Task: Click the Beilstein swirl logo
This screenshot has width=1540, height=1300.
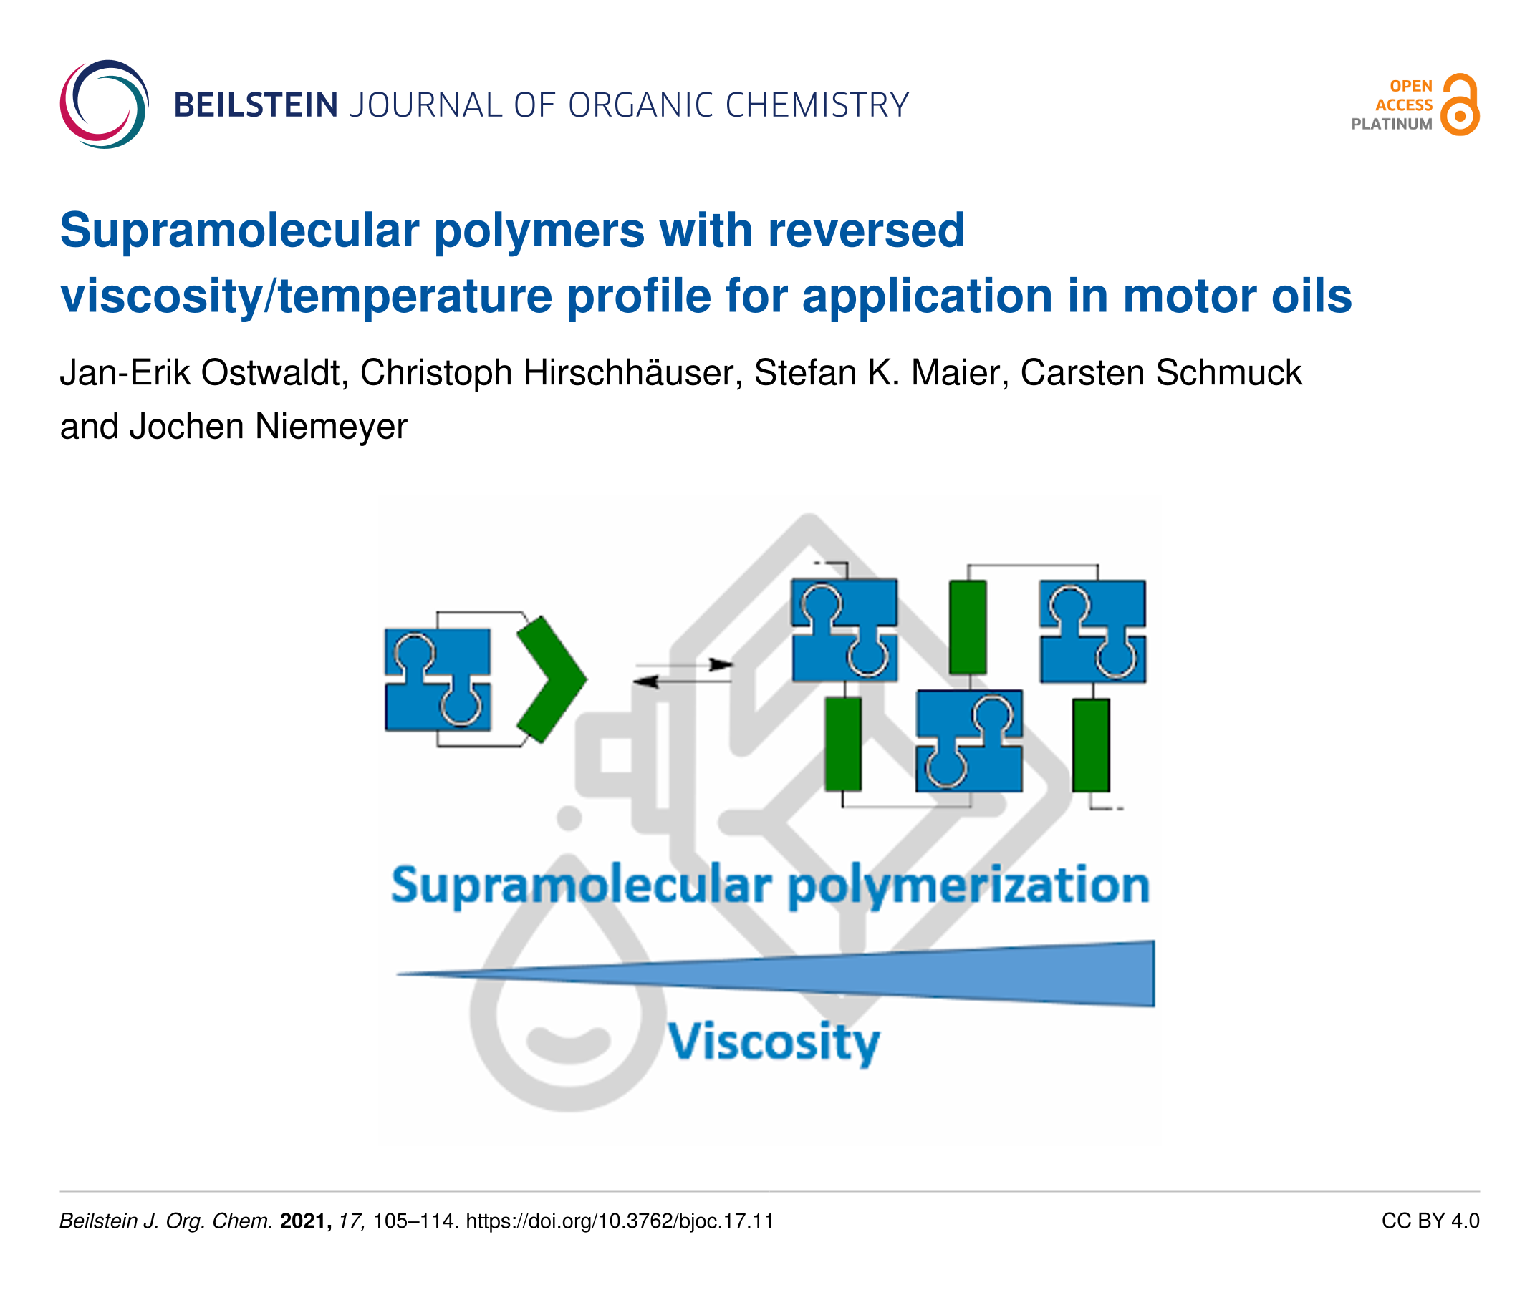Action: click(x=104, y=104)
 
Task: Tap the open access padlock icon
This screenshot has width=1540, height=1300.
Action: click(x=1460, y=104)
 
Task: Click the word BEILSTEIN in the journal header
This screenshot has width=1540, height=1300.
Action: click(x=256, y=105)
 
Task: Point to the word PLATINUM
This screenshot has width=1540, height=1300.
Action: click(x=1391, y=125)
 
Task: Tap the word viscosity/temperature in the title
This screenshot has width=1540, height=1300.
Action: click(x=306, y=296)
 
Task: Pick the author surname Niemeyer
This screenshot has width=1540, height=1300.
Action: click(x=331, y=427)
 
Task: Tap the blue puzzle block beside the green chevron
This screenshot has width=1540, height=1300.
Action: click(x=438, y=679)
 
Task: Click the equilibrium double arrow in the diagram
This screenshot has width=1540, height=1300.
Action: click(x=683, y=673)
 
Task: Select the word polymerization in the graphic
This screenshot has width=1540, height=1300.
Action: click(x=968, y=886)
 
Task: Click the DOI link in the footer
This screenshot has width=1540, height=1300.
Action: click(x=620, y=1221)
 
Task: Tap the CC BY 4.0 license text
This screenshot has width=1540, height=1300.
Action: click(x=1430, y=1221)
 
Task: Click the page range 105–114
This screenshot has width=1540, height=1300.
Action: click(x=416, y=1221)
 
